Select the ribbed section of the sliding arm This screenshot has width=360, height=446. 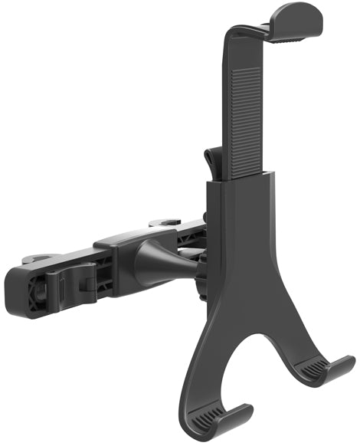[x=243, y=107]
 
